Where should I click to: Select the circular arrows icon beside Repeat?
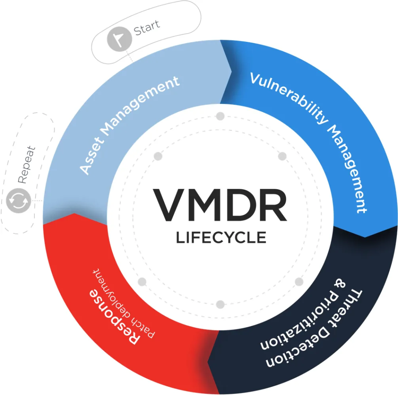[x=19, y=201]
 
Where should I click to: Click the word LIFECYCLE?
[x=221, y=238]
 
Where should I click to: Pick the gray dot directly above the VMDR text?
[x=220, y=116]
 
